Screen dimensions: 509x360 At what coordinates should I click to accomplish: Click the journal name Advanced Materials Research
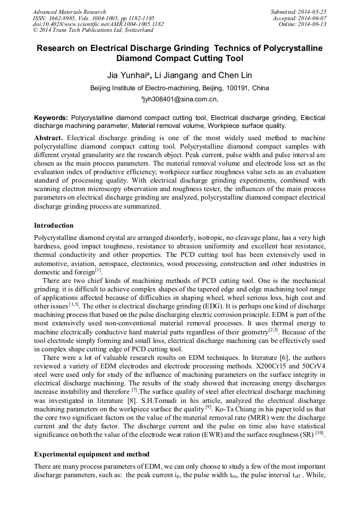click(70, 12)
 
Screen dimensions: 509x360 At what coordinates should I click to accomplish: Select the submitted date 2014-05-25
click(312, 12)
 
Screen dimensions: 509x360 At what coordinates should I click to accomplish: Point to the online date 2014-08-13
click(312, 24)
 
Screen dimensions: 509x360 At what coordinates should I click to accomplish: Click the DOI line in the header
click(98, 24)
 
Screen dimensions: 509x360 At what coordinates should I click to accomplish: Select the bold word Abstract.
click(49, 137)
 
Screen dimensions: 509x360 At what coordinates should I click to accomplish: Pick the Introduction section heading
click(54, 226)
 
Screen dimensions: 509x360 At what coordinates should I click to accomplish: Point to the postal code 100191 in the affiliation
click(235, 88)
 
